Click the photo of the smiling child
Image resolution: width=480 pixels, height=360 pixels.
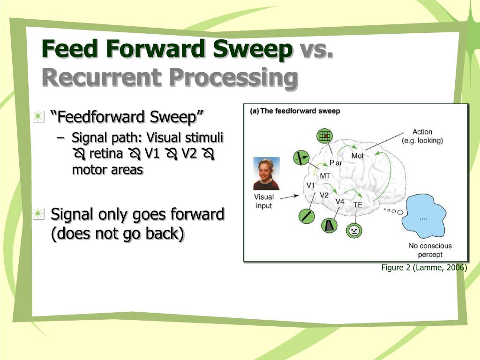coord(266,173)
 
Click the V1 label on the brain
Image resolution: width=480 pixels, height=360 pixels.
coord(311,185)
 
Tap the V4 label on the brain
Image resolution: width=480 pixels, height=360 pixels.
coord(340,202)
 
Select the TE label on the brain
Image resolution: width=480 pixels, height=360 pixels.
coord(358,205)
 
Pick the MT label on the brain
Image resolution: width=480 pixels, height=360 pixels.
coord(325,176)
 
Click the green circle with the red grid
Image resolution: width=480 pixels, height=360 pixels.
coord(324,136)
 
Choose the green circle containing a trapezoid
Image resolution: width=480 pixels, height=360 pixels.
coord(329,226)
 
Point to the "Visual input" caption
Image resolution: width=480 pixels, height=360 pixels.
coord(263,201)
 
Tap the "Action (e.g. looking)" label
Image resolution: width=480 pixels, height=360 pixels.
coord(422,136)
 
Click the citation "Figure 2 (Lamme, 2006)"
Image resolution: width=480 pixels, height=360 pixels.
coord(424,268)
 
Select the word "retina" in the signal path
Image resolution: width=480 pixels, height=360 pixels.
coord(106,154)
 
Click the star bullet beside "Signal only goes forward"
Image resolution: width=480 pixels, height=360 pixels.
coord(38,214)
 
